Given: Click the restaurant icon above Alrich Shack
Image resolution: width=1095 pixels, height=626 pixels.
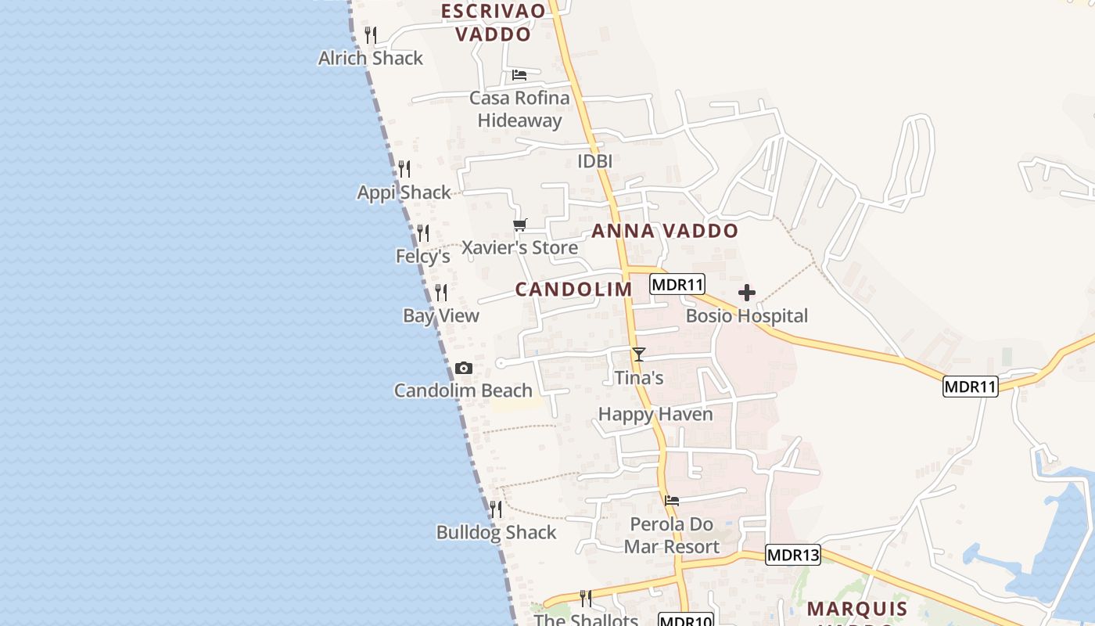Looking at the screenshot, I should pos(371,35).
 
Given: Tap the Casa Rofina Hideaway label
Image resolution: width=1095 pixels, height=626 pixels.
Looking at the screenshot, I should pos(519,109).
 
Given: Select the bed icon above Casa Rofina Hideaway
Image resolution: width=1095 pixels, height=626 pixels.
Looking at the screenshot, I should pos(519,75).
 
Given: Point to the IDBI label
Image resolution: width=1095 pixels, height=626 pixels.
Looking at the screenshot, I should pos(594,161).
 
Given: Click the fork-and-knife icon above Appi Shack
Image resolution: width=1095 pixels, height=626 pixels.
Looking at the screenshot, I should pos(404,169).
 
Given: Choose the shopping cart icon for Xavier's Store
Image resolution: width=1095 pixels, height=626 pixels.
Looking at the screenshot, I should pos(520,225).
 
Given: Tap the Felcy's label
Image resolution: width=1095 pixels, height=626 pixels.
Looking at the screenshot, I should pos(422,256).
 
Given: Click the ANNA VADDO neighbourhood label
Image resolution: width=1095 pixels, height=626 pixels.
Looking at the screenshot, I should pos(665,231).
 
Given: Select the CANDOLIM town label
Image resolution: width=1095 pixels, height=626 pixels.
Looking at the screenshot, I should pos(573,290).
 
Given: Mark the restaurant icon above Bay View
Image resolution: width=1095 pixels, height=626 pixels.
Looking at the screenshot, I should pos(441,293).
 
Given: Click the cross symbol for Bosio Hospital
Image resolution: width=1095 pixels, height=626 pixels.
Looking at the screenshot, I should pos(747,293).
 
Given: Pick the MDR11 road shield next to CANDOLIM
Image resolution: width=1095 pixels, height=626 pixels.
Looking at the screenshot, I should pos(678,284).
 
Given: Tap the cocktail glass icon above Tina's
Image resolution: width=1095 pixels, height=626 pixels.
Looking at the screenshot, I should pos(639,354).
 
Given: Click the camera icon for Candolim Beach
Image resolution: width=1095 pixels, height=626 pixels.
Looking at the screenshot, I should pos(464,368).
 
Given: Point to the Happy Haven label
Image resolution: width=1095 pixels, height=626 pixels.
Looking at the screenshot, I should pos(655,414).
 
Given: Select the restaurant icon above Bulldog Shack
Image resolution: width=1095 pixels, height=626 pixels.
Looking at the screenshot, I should pos(496,509).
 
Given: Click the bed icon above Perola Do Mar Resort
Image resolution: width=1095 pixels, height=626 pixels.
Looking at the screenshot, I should pos(672,501).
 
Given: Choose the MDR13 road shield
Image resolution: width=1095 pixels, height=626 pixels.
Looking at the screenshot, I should pos(793,555).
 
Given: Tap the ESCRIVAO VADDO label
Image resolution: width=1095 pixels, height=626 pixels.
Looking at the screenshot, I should pos(493,23).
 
